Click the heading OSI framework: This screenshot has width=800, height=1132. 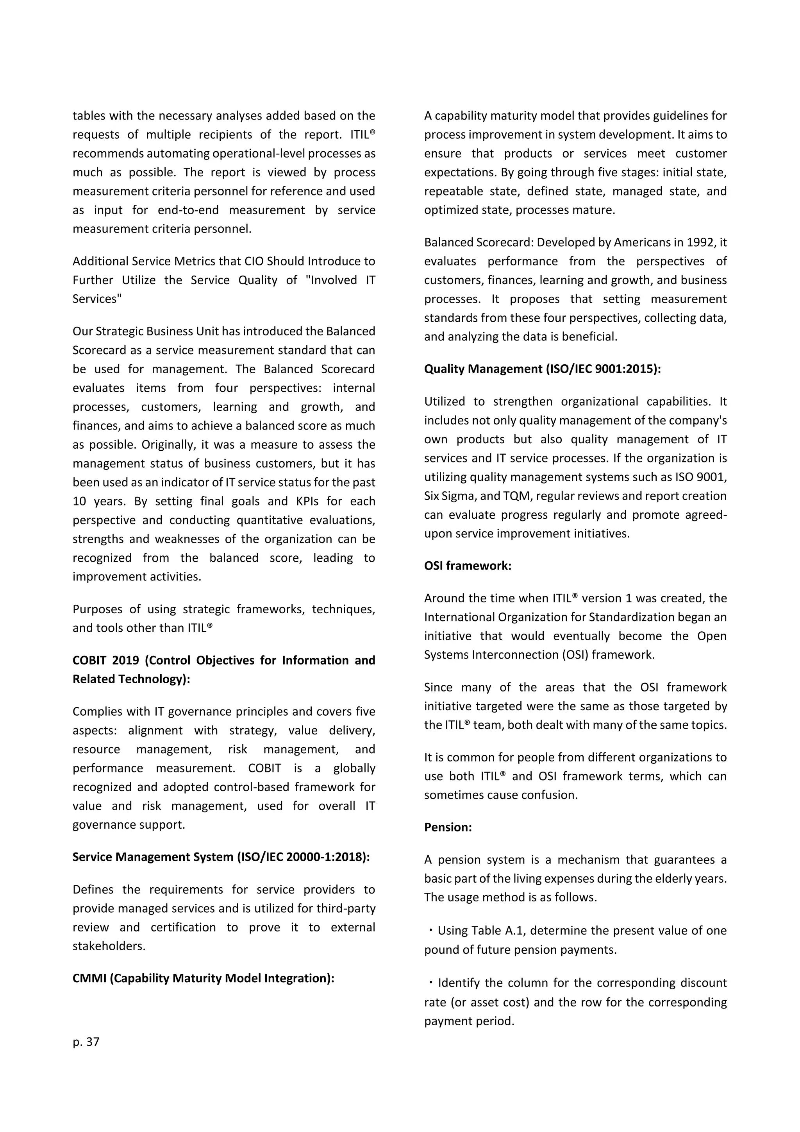tap(468, 566)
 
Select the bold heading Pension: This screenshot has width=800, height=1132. tap(448, 827)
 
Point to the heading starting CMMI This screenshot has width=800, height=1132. tap(203, 978)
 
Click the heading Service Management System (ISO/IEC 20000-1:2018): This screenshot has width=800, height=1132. tap(221, 856)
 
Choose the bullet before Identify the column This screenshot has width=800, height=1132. tap(430, 983)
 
